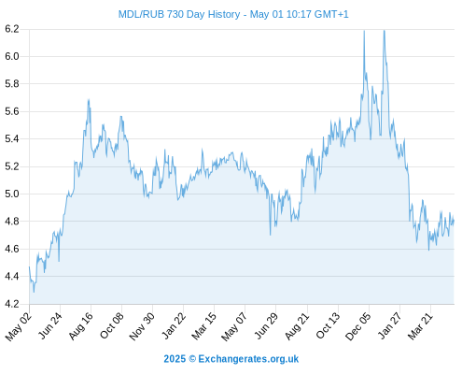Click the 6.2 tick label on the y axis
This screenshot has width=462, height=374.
(x=12, y=29)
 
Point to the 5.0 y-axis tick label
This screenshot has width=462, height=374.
(x=12, y=194)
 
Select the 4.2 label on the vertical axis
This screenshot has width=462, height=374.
(x=12, y=304)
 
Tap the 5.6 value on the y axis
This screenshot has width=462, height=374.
(x=12, y=111)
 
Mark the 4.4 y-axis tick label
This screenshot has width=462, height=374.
(x=12, y=277)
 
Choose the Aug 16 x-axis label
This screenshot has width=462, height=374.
(x=81, y=326)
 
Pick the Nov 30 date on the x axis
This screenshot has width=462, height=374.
(x=142, y=326)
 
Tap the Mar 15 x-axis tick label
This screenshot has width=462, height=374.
(x=204, y=326)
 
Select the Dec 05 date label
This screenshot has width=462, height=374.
(x=358, y=326)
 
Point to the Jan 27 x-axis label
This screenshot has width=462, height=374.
(x=389, y=326)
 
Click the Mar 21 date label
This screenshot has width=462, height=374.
(x=421, y=326)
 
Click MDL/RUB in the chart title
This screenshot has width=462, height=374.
(x=141, y=15)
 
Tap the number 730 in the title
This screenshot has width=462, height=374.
(x=175, y=15)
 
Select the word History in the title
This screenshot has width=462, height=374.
(x=224, y=15)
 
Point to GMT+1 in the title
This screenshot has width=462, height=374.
(x=331, y=15)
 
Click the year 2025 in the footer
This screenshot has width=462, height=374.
(x=175, y=359)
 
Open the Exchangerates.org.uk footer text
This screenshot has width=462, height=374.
(x=248, y=359)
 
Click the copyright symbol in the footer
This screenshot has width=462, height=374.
(x=192, y=359)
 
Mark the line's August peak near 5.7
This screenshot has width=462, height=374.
(x=89, y=100)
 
